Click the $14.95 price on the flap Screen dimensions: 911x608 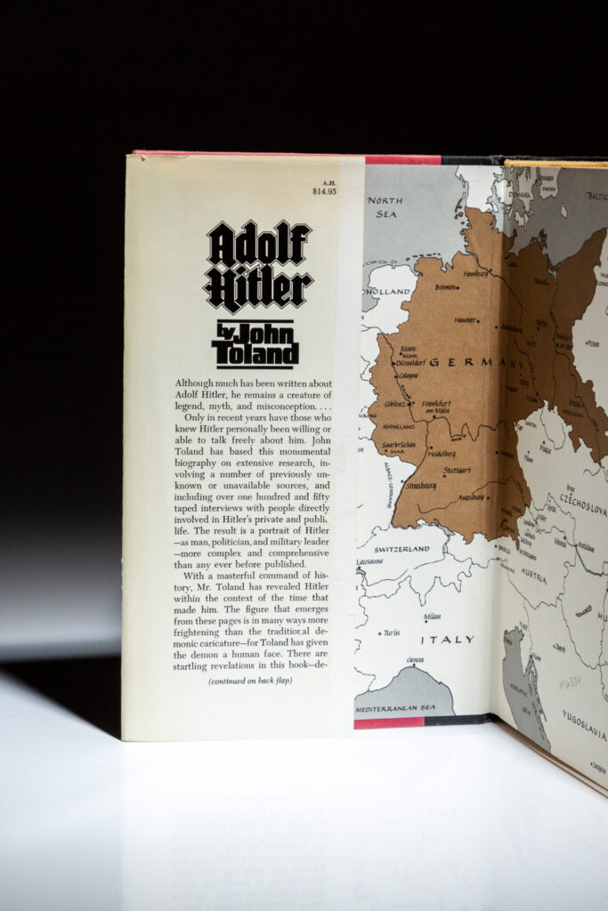(x=324, y=190)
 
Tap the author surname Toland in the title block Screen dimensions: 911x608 (x=255, y=355)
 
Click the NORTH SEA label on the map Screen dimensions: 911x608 (x=385, y=206)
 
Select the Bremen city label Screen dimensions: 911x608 (x=446, y=287)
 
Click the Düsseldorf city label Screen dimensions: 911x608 (x=411, y=363)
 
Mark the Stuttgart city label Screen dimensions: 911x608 (x=456, y=470)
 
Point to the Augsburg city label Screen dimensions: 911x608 (x=471, y=496)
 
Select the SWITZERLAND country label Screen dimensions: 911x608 (x=402, y=550)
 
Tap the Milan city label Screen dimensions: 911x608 (x=433, y=616)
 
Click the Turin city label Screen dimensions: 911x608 (x=391, y=633)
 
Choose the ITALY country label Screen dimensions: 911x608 (x=448, y=640)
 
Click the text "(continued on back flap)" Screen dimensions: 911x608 (x=250, y=681)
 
